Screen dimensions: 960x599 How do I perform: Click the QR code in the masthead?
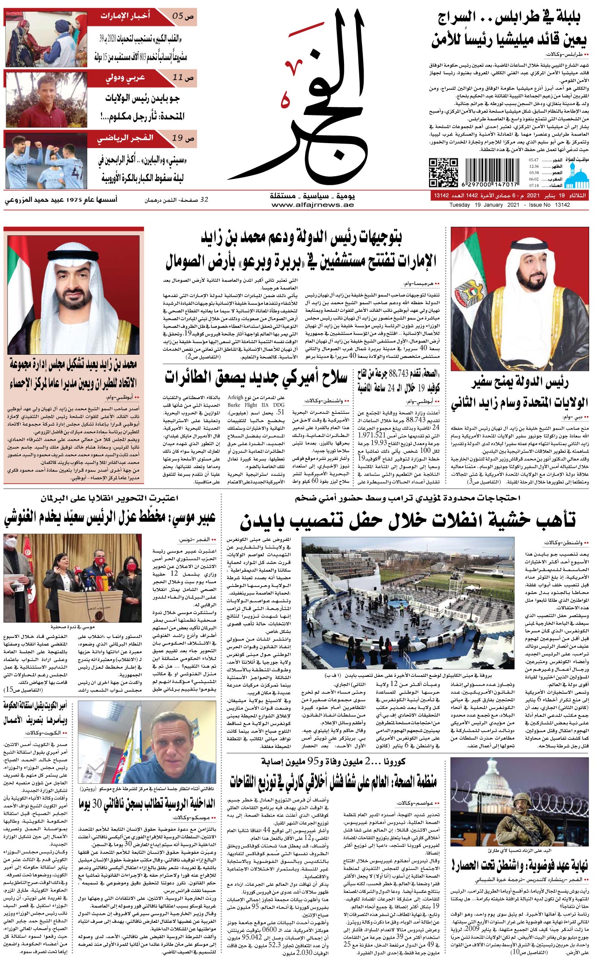(443, 172)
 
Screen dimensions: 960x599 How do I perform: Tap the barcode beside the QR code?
(492, 172)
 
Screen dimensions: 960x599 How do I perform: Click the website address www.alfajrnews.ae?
(313, 205)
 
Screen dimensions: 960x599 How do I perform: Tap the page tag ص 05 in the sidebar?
(183, 16)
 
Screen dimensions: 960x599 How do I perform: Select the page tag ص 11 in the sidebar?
(183, 78)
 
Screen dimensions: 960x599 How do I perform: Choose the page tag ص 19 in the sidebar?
(183, 139)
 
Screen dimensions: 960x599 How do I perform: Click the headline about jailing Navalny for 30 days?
(148, 804)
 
